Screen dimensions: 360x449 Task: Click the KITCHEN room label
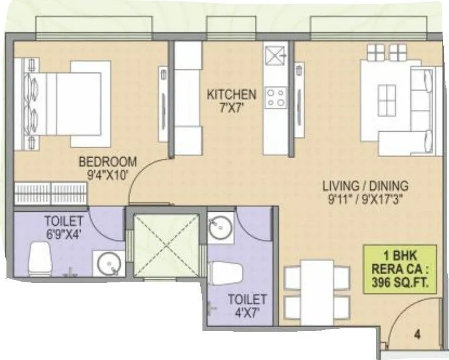(x=231, y=94)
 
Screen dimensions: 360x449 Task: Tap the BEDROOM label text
(x=108, y=161)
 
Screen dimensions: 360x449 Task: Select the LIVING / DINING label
(x=365, y=186)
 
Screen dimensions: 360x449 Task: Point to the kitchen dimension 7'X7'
(x=231, y=106)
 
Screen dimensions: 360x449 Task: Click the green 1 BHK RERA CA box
(x=400, y=269)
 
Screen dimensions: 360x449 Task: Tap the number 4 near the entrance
(x=417, y=336)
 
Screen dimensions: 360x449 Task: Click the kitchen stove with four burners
(x=275, y=97)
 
